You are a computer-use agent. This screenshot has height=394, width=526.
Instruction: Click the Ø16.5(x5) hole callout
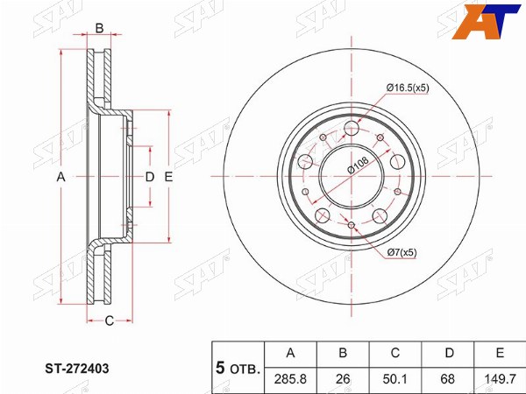click(x=408, y=88)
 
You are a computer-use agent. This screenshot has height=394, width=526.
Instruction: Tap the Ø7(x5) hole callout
click(x=402, y=252)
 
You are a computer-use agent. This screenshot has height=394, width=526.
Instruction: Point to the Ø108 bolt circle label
click(x=358, y=165)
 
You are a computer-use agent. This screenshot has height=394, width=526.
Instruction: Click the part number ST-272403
click(x=77, y=369)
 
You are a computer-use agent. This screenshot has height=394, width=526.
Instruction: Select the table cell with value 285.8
click(x=290, y=379)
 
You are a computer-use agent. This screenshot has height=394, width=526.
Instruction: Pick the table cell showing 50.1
click(x=394, y=379)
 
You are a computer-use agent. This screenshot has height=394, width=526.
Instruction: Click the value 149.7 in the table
click(x=500, y=379)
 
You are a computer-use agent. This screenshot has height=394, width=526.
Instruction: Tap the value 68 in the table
click(x=447, y=379)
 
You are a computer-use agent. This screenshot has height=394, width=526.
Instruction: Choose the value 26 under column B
click(x=343, y=379)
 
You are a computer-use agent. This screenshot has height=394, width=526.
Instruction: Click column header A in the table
click(x=290, y=353)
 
